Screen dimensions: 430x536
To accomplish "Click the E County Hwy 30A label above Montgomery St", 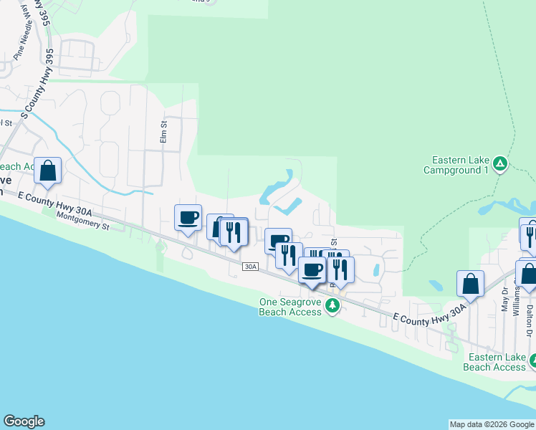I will [55, 204].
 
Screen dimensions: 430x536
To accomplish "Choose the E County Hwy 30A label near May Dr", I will [430, 316].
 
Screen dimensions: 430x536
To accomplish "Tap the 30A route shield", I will [249, 267].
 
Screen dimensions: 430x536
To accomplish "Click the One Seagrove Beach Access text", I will [291, 307].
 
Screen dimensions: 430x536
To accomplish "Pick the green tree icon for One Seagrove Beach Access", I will [332, 307].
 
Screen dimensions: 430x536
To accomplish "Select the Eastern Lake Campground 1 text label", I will [456, 166].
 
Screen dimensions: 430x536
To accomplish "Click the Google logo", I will [24, 421].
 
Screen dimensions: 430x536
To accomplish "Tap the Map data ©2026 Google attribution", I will [491, 424].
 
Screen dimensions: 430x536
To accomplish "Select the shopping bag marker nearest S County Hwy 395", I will [47, 172].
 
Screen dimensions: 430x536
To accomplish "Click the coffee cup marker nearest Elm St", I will [188, 218].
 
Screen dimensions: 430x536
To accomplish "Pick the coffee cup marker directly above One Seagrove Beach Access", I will [312, 270].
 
